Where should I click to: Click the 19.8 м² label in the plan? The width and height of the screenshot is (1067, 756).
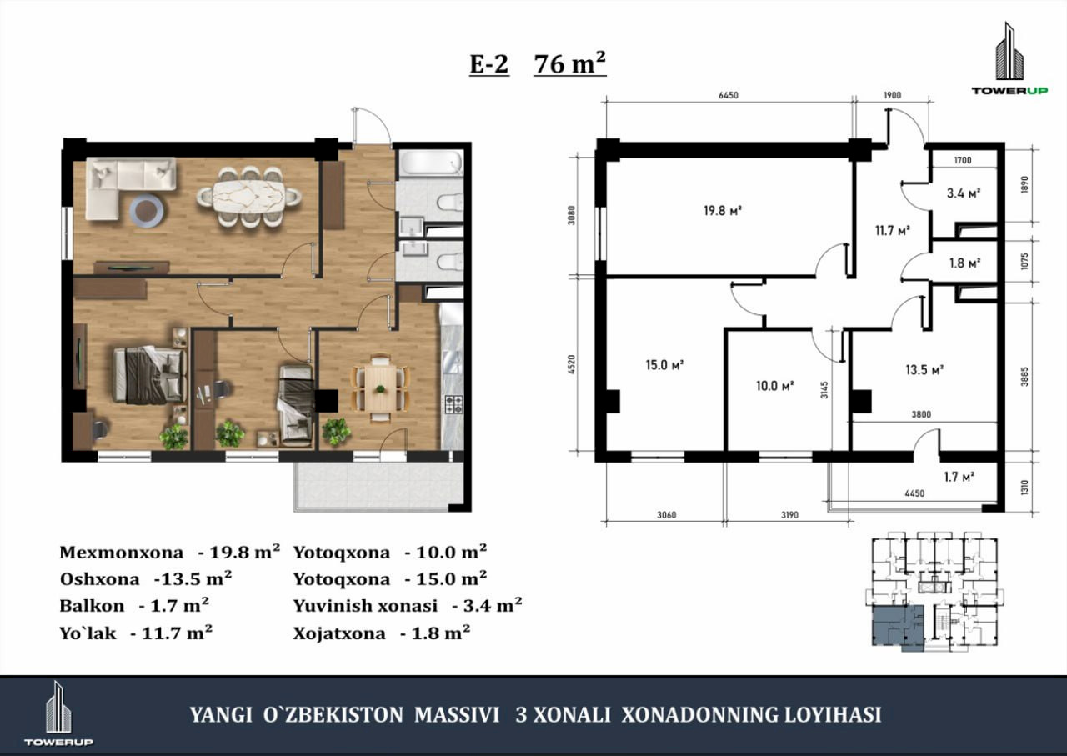723,210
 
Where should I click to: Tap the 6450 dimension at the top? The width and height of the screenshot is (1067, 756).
729,95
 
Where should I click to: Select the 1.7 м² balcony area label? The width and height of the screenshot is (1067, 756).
959,477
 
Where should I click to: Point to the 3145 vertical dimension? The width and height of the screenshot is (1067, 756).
824,390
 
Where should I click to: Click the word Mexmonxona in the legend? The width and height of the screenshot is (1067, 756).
122,553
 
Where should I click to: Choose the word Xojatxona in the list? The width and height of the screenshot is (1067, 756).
339,633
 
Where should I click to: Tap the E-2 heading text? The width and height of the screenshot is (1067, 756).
489,64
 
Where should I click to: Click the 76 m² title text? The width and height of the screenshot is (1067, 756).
569,63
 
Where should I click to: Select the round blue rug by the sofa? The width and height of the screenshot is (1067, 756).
148,212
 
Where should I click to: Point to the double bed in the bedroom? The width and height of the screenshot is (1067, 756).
149,375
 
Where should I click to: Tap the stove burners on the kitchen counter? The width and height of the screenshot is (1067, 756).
453,404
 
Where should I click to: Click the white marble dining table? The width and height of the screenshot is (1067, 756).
249,195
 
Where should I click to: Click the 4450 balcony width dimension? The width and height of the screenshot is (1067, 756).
914,493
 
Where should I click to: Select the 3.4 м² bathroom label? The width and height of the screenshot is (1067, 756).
963,193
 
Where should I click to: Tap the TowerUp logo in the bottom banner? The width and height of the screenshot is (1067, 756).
58,713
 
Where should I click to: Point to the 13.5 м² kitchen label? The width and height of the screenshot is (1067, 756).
924,369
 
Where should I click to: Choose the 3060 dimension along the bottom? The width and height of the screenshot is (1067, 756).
666,515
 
